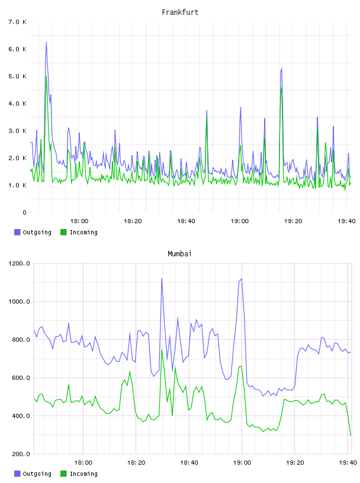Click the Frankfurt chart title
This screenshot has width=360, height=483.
(x=180, y=12)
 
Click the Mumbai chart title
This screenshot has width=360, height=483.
(x=179, y=254)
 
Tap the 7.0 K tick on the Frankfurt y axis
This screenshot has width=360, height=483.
(x=17, y=22)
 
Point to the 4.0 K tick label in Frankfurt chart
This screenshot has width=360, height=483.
(x=17, y=104)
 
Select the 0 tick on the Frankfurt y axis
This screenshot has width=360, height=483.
(x=24, y=212)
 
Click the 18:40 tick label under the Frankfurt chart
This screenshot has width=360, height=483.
(x=186, y=221)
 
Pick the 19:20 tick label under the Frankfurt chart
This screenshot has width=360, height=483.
(x=293, y=221)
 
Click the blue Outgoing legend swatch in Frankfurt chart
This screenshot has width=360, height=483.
(x=17, y=232)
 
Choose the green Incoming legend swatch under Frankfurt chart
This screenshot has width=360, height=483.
(x=63, y=232)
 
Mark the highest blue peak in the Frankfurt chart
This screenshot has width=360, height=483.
(x=46, y=43)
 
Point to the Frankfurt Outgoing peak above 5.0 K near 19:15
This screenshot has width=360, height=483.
(x=282, y=69)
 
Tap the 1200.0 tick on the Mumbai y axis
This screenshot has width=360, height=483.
(x=19, y=263)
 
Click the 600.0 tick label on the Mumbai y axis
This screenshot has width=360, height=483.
(x=19, y=378)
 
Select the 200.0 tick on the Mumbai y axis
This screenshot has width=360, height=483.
(x=19, y=454)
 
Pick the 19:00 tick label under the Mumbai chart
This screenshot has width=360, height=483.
(x=242, y=463)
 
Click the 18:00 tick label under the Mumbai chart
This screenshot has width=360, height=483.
(x=83, y=463)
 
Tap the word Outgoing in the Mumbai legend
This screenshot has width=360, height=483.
(x=37, y=474)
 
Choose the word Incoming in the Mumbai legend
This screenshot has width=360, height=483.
(x=83, y=474)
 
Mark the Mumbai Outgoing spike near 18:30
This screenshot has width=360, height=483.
(x=162, y=279)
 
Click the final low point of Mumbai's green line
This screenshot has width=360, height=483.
(x=351, y=436)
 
